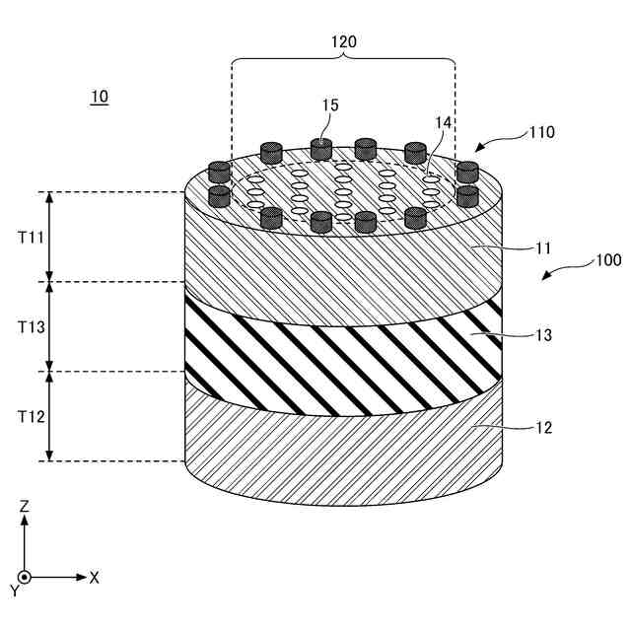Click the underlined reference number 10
tap(99, 97)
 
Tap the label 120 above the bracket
tap(343, 42)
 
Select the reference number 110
tap(540, 131)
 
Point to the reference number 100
tap(606, 261)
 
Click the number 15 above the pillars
tap(330, 105)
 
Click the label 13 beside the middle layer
tap(542, 335)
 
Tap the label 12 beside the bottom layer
tap(542, 428)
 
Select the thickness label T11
tap(31, 238)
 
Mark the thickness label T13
tap(31, 326)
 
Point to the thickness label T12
tap(31, 416)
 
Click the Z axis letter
tap(25, 506)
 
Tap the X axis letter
tap(95, 578)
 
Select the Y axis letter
tap(15, 591)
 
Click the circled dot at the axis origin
tap(25, 577)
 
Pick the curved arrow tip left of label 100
tap(544, 278)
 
